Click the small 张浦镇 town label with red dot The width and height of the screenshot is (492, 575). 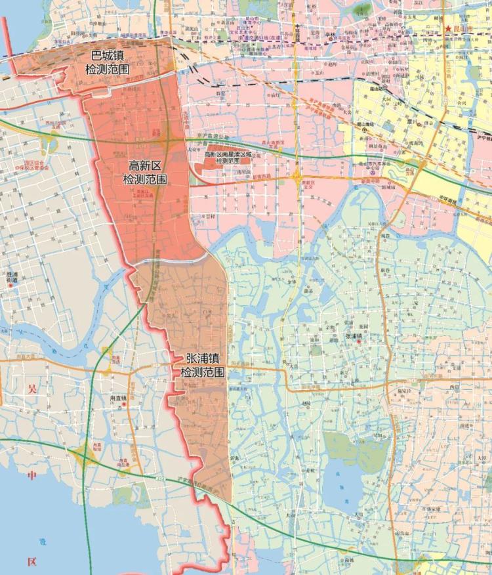click(354, 336)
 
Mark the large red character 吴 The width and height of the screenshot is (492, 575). click(31, 389)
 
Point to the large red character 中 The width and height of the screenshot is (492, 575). click(31, 475)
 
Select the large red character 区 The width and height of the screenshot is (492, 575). click(31, 562)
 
